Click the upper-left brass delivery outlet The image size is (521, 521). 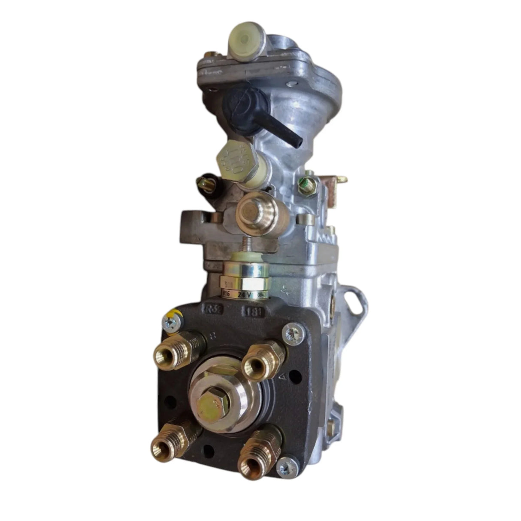click(167, 355)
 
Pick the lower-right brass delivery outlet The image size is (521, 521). click(251, 459)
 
